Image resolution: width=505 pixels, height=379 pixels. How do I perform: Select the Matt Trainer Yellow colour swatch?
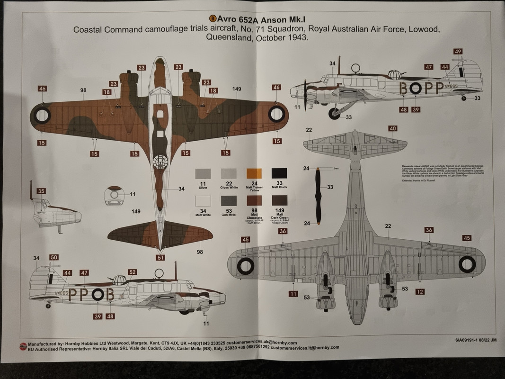coord(254,173)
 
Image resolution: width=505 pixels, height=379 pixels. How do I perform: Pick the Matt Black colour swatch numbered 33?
coord(279,173)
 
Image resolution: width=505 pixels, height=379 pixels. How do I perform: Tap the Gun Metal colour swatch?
coord(229,201)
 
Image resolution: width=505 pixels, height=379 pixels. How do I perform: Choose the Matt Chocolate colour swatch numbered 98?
coord(254,201)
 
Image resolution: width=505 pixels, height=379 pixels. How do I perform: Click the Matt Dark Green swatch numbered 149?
coord(279,201)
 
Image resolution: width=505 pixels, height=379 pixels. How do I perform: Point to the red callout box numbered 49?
coord(458,52)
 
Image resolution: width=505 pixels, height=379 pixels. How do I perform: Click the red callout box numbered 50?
coord(53,257)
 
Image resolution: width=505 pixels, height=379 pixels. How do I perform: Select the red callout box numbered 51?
coord(161,258)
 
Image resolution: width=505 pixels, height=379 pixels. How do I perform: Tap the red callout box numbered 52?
coord(133,272)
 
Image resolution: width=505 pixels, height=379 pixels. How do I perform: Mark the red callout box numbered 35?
coord(41,191)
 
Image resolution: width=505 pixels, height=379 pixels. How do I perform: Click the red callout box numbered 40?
coord(393,128)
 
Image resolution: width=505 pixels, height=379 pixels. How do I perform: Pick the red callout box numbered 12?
coord(420,291)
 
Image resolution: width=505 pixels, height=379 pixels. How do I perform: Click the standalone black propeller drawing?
coord(319,196)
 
